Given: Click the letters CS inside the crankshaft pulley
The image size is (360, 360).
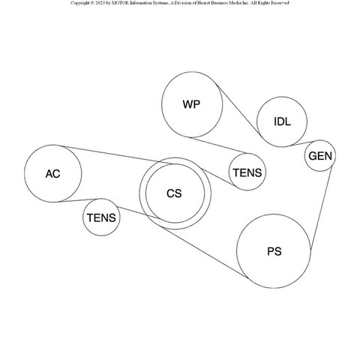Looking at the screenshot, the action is (x=174, y=193).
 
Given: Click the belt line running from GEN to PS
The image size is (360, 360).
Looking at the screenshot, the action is (x=321, y=208).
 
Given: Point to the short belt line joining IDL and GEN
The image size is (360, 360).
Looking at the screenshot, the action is (x=306, y=142).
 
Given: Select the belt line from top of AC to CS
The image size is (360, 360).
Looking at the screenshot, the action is (x=120, y=155).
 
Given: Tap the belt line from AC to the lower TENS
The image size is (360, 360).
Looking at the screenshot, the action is (x=80, y=200).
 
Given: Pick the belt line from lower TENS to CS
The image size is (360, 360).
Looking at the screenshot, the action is (x=140, y=213).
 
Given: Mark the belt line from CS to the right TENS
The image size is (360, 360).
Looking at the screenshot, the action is (x=218, y=177).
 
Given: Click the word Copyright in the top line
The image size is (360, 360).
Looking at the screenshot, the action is (x=80, y=3).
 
